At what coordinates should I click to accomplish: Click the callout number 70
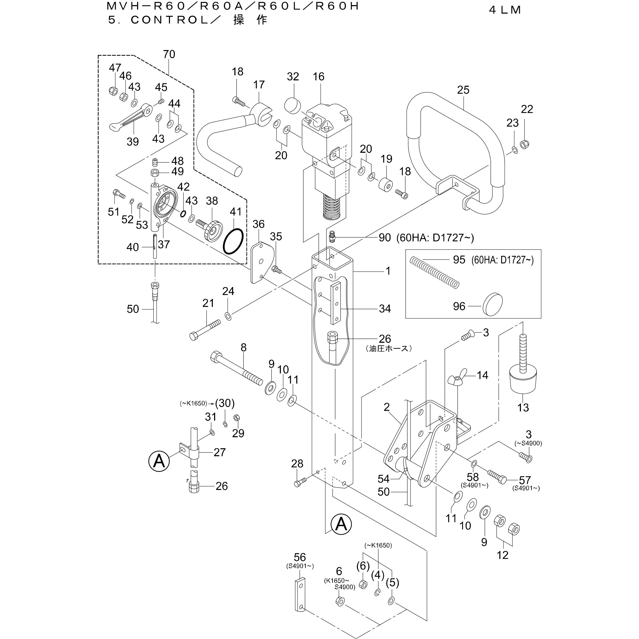tap(169, 54)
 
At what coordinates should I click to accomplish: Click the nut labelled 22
tap(524, 145)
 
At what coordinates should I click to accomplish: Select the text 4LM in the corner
tap(505, 10)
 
